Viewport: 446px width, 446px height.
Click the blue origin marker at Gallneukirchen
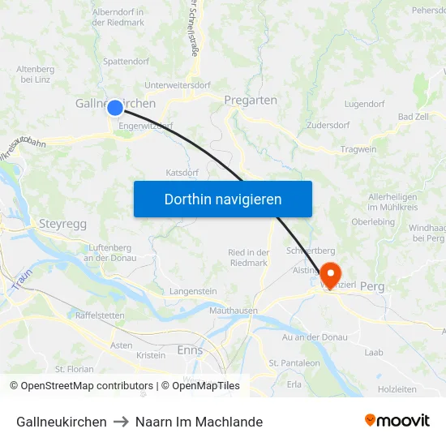point(115,107)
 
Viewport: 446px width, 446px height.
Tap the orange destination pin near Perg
point(331,271)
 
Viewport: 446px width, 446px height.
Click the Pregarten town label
point(251,101)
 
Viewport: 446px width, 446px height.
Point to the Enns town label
point(190,350)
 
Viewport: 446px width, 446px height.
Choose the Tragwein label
point(358,148)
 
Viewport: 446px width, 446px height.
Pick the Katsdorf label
point(182,173)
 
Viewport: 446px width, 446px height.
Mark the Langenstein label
point(193,290)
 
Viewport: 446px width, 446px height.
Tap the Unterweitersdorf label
point(177,85)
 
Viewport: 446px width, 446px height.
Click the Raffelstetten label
point(100,315)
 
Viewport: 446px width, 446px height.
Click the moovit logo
point(397,421)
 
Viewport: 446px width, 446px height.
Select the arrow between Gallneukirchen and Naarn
point(121,422)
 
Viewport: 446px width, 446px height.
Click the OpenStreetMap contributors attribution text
point(81,386)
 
